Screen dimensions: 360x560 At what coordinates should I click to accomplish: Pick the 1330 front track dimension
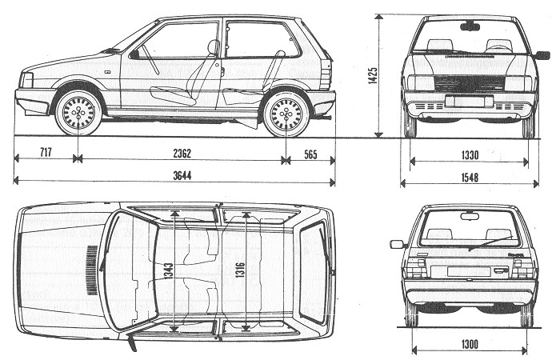coord(470,153)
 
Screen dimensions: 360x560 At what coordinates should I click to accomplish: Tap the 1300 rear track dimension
coord(470,344)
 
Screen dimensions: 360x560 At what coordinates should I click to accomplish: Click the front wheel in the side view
coord(78,114)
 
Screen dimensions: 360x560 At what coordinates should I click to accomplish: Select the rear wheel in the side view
coord(286,114)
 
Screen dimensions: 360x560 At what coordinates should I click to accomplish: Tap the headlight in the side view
coord(27,80)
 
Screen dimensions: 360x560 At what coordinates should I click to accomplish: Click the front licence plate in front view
coord(469,101)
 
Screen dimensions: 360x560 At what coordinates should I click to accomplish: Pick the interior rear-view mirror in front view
coord(470,26)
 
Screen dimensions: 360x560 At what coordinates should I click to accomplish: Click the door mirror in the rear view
coord(398,244)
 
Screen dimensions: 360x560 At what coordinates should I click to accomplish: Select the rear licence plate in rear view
coord(469,271)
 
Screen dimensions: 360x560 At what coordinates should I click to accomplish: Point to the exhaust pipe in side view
coord(326,117)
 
